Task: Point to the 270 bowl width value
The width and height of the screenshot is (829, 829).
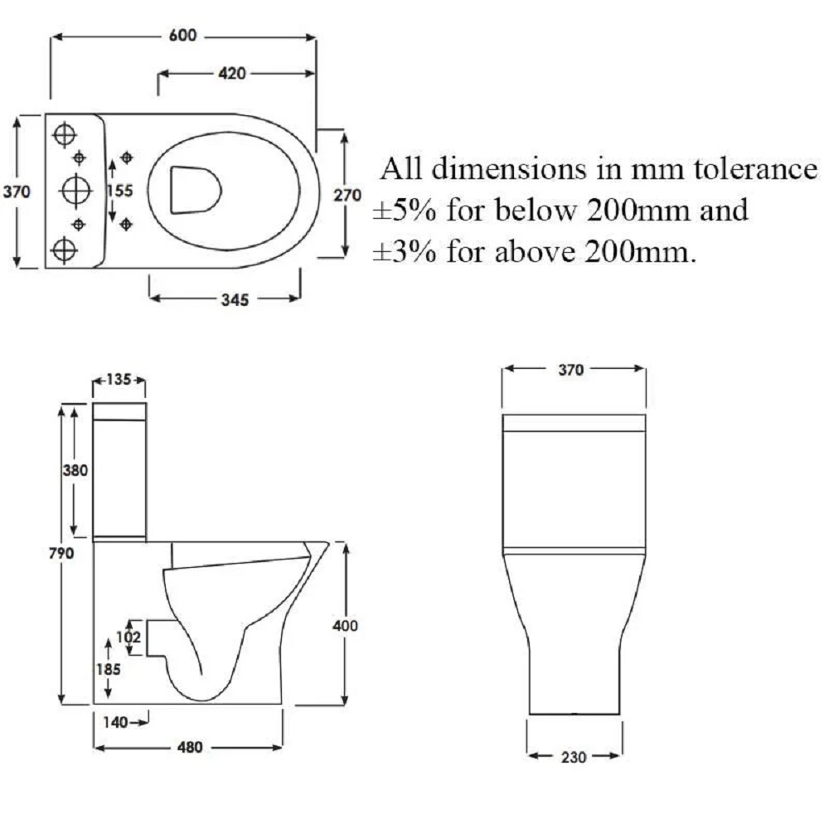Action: coord(347,196)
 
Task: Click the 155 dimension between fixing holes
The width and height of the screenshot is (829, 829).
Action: coord(120,191)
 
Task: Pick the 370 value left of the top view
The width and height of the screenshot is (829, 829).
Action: coord(17,191)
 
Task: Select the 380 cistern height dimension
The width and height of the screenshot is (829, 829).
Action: coord(76,470)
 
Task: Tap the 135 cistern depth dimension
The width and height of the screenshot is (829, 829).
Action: coord(119,381)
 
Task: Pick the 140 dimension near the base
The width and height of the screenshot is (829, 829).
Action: coord(117,722)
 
